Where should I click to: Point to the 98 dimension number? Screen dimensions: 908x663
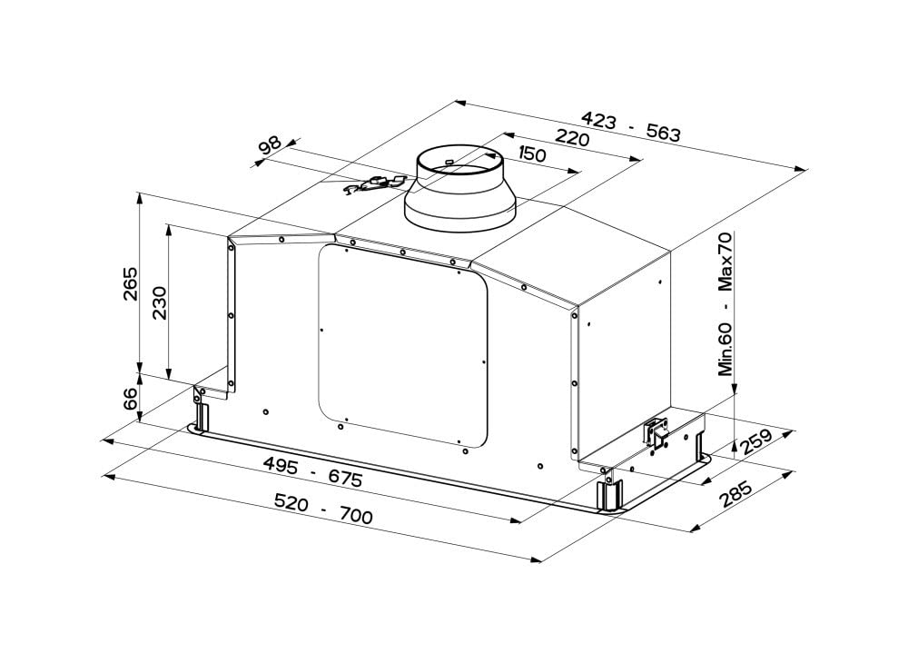click(x=271, y=144)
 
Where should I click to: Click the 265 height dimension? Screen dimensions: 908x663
click(x=131, y=283)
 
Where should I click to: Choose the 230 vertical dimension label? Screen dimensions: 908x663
click(x=159, y=302)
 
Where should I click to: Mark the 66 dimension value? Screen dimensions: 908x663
click(x=131, y=399)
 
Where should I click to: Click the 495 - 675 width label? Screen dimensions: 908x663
click(x=312, y=470)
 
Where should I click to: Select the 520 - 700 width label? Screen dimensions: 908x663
click(x=323, y=508)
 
